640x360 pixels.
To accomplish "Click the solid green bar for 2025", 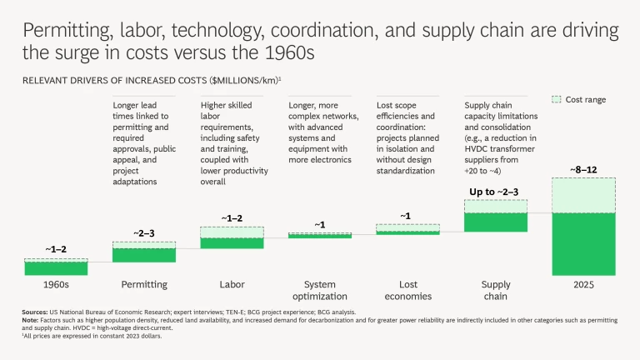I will (583, 243).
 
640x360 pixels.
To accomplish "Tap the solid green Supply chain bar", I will (495, 222).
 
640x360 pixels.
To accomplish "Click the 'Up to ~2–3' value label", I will (495, 192).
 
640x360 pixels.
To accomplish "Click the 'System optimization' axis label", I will (319, 289).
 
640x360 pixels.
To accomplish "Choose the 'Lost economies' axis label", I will (407, 289).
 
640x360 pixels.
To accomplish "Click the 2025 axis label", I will (583, 284).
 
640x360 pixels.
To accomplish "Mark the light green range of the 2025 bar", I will (583, 195).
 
